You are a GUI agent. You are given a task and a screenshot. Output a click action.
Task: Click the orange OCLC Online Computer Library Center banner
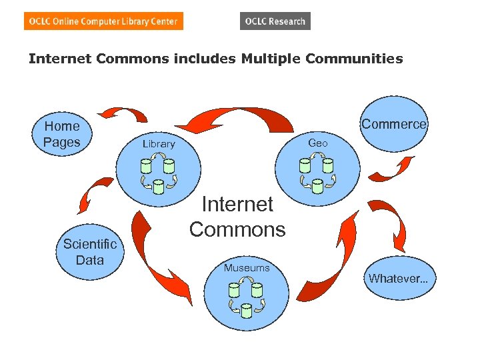103,21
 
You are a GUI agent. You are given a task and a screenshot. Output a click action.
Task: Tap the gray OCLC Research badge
275,21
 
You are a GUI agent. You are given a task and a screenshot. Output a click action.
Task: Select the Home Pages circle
62,133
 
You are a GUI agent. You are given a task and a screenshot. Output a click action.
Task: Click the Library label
159,144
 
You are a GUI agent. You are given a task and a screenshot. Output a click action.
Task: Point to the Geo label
317,143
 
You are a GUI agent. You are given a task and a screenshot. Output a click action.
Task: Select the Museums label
247,268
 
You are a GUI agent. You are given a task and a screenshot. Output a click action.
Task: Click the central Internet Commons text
237,217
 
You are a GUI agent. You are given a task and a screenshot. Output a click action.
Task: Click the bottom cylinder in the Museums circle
246,309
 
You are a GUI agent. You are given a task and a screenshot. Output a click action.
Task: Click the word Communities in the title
354,59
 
